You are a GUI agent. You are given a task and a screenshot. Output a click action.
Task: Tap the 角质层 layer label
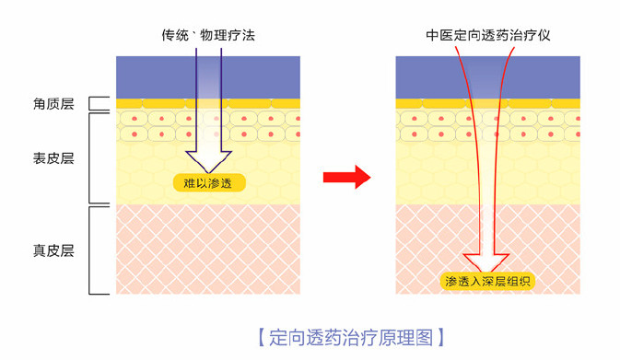(x=53, y=104)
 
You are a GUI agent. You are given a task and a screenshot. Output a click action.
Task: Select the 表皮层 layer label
(x=53, y=157)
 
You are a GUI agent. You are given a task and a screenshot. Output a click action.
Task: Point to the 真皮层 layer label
(x=53, y=250)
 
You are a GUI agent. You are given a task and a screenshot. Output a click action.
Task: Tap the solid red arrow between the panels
(x=348, y=178)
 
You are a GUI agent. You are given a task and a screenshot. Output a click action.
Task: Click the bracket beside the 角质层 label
(x=96, y=104)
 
